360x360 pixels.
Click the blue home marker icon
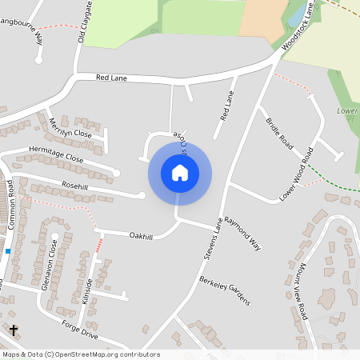coord(180,172)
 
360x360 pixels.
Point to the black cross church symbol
coord(13,330)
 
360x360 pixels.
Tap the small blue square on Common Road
coord(7,251)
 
